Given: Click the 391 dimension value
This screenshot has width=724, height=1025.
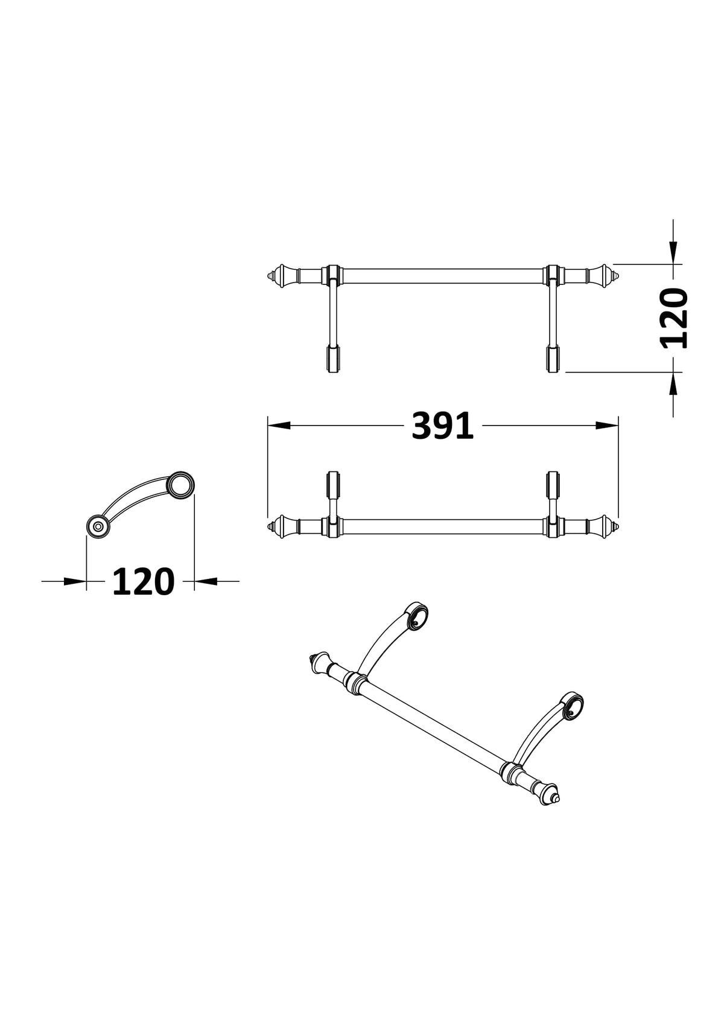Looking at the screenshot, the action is click(442, 426).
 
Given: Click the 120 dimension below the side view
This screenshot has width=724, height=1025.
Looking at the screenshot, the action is click(143, 581).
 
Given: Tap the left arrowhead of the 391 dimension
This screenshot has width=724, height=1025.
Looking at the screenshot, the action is click(279, 426).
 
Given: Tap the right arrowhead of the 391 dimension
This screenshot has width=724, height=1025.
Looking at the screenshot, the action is click(607, 426).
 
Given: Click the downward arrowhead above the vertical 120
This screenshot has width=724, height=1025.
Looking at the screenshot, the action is click(673, 252).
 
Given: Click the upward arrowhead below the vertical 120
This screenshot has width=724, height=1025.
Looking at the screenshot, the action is click(673, 383).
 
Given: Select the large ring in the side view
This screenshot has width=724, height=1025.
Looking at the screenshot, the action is click(181, 485).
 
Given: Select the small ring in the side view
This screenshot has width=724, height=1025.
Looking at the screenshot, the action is click(98, 526).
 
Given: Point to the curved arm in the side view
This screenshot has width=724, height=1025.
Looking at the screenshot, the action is click(133, 496).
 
